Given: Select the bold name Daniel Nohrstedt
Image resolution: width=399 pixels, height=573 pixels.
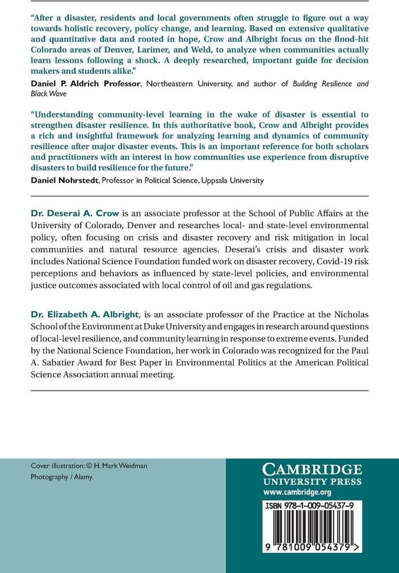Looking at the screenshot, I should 62,180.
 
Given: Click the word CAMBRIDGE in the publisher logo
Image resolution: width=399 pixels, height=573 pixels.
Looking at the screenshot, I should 312,469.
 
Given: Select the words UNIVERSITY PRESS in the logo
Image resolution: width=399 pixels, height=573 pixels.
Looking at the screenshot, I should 312,481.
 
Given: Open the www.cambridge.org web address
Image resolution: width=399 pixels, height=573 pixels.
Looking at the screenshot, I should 297,492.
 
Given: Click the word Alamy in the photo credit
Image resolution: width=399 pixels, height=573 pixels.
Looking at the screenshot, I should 82,477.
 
